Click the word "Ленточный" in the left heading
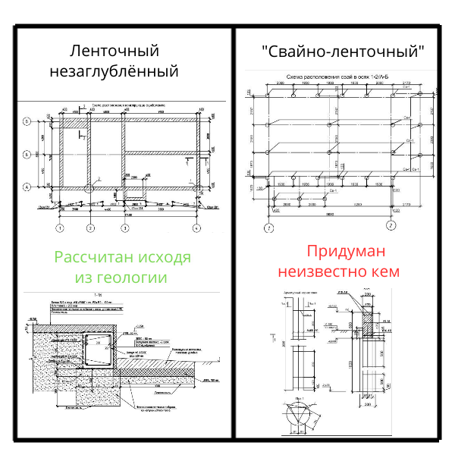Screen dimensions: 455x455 (x=114, y=52)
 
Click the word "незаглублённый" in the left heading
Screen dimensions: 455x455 (x=114, y=73)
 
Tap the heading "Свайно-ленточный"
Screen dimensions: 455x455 (x=342, y=52)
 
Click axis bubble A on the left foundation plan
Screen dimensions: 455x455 (x=27, y=187)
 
